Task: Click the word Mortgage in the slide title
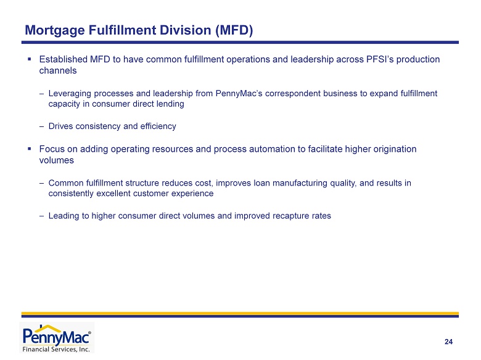coord(55,31)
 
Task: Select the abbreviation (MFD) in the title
coord(234,30)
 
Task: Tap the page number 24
coord(448,342)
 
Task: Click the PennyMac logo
coord(57,338)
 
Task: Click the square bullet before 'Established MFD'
coord(30,59)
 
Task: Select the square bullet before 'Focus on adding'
coord(30,149)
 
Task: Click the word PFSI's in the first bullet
coord(380,59)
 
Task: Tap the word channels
coord(58,70)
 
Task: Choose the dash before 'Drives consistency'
coord(41,126)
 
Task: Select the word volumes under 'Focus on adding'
coord(57,160)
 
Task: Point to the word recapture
coord(291,216)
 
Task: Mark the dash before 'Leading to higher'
coord(41,216)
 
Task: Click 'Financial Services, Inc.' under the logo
coord(56,350)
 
